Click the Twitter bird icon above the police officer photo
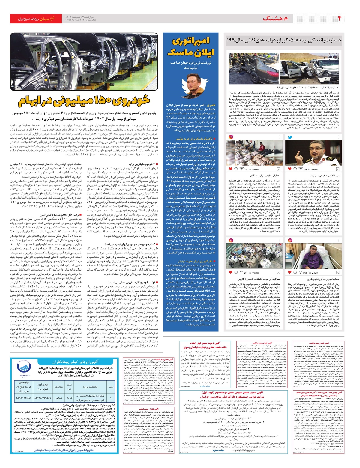(x=290, y=137)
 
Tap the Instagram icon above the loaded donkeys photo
(x=231, y=240)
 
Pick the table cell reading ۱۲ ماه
(x=69, y=397)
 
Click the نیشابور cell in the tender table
(x=58, y=397)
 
